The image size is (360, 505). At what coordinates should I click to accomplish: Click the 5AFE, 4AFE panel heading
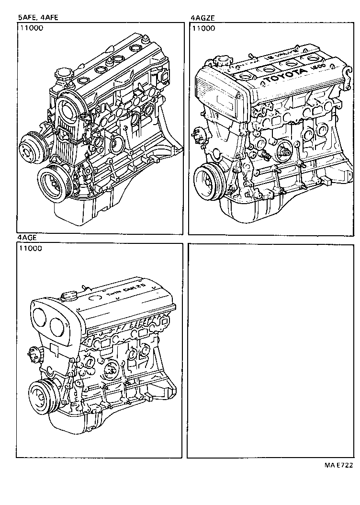38,18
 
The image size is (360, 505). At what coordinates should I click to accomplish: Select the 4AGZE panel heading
202,18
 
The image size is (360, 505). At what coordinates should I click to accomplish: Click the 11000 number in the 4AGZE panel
203,28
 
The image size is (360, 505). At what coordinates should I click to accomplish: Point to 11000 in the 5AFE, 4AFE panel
32,28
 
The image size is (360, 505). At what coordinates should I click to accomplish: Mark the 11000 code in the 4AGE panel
31,248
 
